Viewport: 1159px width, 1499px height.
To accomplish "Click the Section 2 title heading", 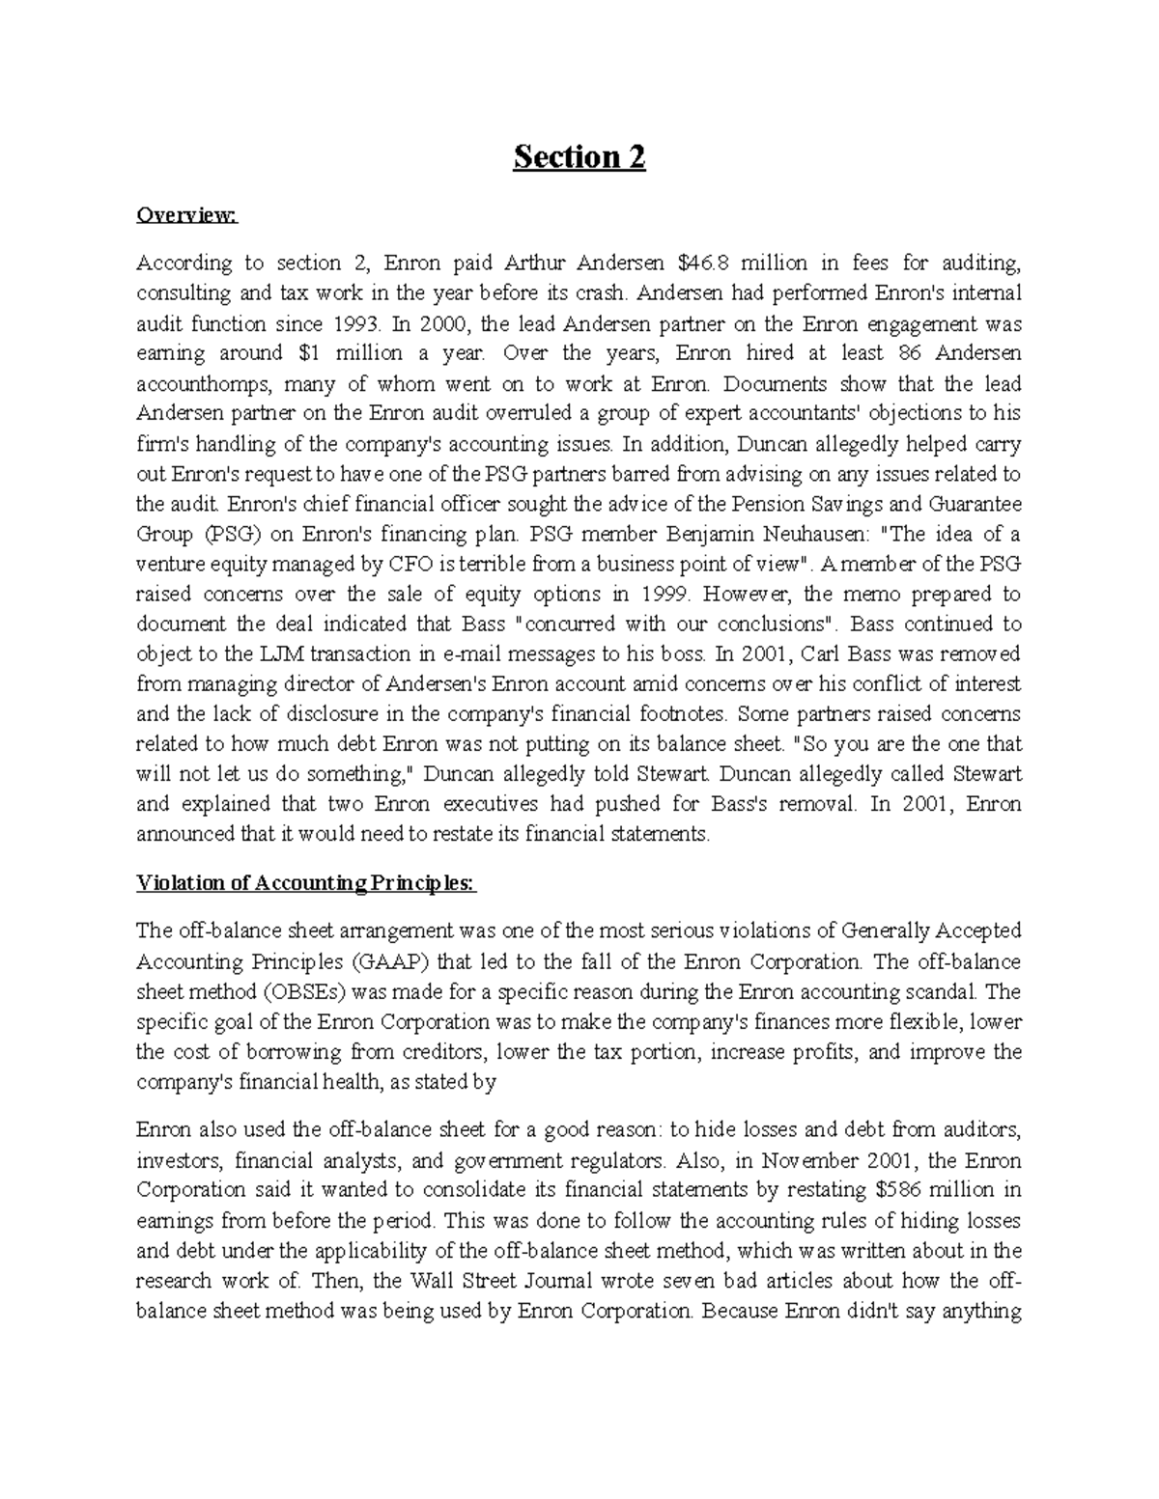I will (579, 157).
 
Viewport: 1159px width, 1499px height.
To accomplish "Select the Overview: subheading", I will (185, 215).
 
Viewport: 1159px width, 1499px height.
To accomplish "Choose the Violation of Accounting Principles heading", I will (306, 883).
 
